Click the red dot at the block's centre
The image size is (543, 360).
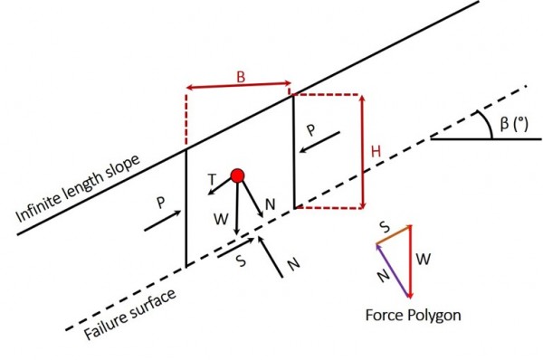[237, 175]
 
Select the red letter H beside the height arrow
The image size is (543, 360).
[376, 152]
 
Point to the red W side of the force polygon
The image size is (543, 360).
[411, 261]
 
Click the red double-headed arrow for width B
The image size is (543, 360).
[238, 88]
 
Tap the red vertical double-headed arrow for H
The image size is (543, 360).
[362, 150]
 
